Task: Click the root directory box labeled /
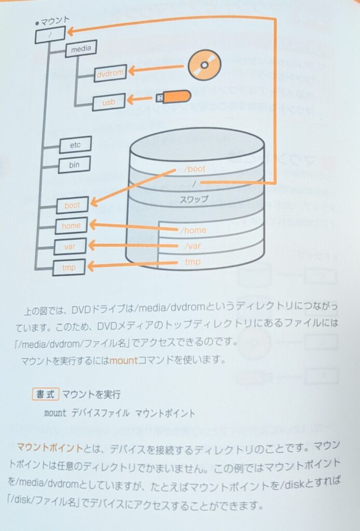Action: click(50, 35)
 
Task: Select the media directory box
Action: click(81, 49)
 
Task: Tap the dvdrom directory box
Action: click(110, 73)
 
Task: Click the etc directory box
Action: click(75, 145)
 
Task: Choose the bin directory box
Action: click(74, 165)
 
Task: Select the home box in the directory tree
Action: click(71, 226)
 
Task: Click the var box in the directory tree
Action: click(70, 246)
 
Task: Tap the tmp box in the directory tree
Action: click(69, 268)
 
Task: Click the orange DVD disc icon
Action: click(204, 65)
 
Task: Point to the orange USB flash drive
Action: click(173, 97)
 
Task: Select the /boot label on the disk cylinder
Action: click(195, 169)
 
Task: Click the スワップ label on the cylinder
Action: click(193, 199)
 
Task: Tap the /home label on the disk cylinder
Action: click(193, 230)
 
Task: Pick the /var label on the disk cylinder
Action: click(192, 246)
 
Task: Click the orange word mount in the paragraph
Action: click(123, 360)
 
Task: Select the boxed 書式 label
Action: click(46, 394)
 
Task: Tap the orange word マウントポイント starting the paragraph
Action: click(50, 448)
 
